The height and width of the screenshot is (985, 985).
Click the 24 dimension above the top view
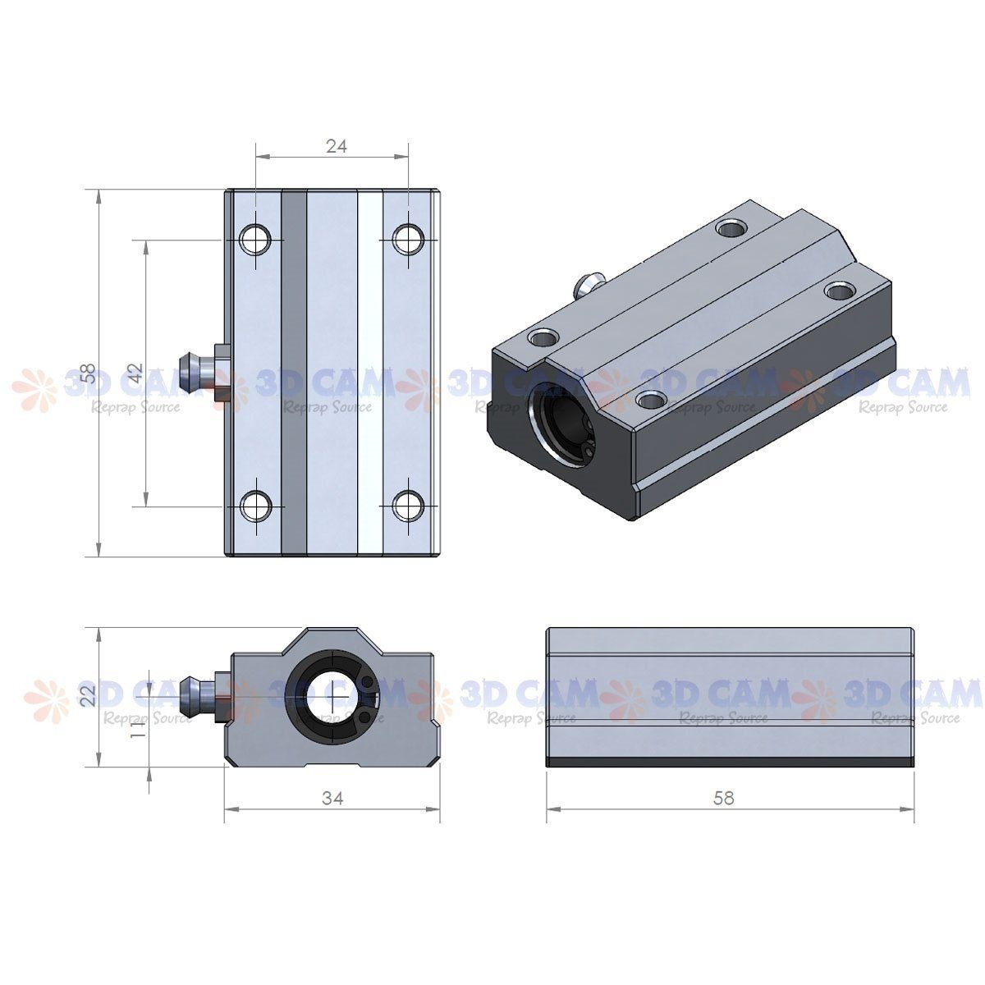click(x=337, y=146)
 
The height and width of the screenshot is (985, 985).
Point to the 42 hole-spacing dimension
click(x=135, y=373)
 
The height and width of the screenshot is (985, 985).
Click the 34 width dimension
click(x=332, y=798)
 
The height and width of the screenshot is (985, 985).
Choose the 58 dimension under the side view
click(x=724, y=797)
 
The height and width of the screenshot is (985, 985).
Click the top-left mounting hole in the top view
click(x=255, y=239)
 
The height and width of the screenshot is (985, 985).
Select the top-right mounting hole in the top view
click(x=407, y=239)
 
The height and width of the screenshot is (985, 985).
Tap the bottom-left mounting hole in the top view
click(x=255, y=506)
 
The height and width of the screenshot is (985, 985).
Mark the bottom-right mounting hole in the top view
click(x=407, y=506)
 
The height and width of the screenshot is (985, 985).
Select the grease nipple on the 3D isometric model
click(x=588, y=283)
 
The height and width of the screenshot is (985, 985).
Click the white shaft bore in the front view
click(x=331, y=696)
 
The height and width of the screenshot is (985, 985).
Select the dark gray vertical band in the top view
click(x=294, y=373)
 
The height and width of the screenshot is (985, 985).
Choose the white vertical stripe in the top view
click(x=370, y=373)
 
